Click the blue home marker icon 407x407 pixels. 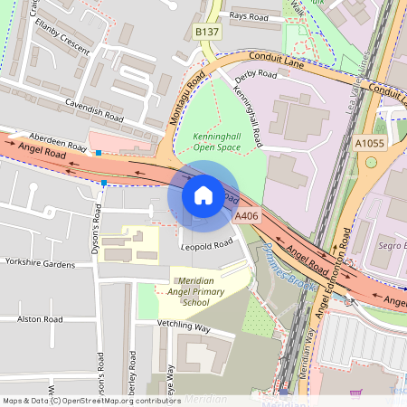(203, 194)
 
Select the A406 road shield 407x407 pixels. (247, 217)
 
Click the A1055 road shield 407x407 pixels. (370, 143)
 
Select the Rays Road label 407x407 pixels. (250, 16)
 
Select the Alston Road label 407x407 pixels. (41, 319)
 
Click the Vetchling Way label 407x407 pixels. (184, 324)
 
